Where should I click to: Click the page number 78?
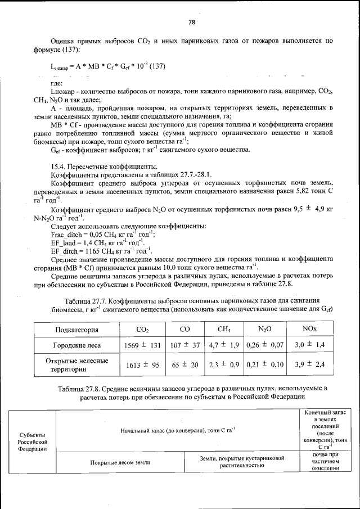(x=191, y=22)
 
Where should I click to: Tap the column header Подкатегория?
(x=76, y=330)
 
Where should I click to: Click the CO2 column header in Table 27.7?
(x=143, y=330)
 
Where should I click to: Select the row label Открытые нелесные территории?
(x=76, y=365)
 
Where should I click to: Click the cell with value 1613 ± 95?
(x=143, y=365)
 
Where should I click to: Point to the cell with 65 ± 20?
(x=185, y=365)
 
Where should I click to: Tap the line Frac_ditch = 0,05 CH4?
(x=103, y=234)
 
